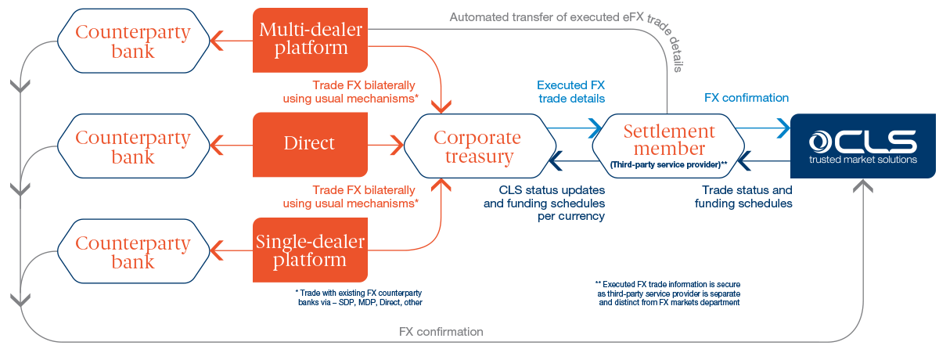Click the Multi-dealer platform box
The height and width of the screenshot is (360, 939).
pos(310,39)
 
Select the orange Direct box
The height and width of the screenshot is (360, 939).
pos(310,143)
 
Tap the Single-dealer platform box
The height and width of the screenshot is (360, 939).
pos(310,250)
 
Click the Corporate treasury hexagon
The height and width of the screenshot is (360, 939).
pos(477,146)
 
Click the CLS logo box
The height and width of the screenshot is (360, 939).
pos(862,146)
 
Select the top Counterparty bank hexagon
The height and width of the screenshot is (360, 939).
pos(133,42)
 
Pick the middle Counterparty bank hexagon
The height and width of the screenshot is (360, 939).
pos(133,147)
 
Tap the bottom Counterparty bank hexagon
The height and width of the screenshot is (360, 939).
pos(133,252)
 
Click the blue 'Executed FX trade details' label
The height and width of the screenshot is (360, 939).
pos(571,92)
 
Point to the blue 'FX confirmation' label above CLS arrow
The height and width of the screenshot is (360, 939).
pos(746,98)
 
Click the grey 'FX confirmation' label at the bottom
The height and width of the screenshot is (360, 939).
pos(441,332)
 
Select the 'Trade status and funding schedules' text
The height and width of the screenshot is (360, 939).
pos(743,196)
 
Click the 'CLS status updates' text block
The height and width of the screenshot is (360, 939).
pos(545,203)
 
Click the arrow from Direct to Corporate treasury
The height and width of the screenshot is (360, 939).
pos(385,143)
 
